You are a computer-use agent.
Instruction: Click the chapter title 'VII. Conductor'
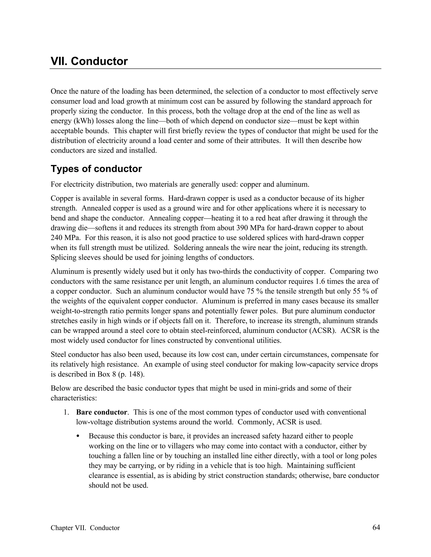click(89, 61)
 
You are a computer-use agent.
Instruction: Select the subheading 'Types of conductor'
click(96, 169)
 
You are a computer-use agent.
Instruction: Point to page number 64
click(376, 527)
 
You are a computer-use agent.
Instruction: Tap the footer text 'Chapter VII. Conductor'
click(85, 528)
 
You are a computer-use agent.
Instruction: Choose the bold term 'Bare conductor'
click(102, 412)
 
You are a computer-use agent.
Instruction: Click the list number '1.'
click(66, 412)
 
